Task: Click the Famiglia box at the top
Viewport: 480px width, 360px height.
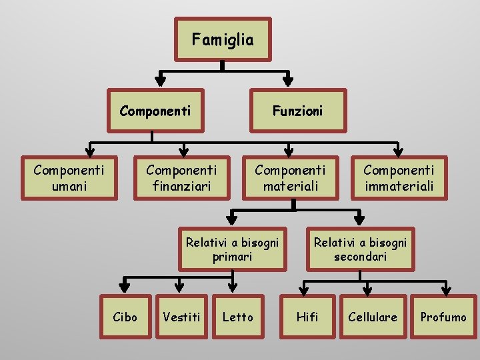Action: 223,39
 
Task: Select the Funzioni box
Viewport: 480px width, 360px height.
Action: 297,111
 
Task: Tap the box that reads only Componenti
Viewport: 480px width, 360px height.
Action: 155,111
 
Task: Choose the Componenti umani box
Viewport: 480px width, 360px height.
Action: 69,178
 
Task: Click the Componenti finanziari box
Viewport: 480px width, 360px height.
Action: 181,178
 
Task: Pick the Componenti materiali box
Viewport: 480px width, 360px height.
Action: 291,178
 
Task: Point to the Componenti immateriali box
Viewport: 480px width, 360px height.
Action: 399,178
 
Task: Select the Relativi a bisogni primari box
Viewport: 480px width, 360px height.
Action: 233,249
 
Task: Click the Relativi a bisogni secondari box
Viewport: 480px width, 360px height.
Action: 360,249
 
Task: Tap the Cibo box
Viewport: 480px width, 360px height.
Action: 125,317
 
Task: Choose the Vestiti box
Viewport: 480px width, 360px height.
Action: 181,317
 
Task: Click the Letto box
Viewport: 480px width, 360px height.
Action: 238,317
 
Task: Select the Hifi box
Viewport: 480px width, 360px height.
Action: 307,317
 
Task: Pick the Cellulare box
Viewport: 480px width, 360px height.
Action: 373,317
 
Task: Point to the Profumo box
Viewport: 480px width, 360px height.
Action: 443,317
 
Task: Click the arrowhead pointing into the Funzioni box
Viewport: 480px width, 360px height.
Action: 288,79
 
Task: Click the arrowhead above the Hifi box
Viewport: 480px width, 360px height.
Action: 304,287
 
